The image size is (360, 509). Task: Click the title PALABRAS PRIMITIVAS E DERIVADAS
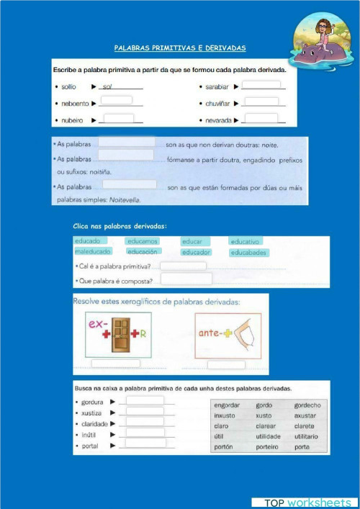tap(180, 48)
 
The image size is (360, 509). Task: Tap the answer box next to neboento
tap(121, 101)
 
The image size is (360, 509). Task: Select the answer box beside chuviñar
tap(261, 102)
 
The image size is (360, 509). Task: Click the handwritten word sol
tap(108, 86)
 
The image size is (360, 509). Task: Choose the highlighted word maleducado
tap(92, 252)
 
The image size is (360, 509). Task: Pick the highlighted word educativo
tap(249, 242)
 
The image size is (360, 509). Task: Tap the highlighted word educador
tap(196, 253)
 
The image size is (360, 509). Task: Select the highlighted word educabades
tap(249, 253)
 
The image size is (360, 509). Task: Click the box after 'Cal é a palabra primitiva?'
tap(183, 266)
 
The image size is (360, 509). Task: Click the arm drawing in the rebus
tap(243, 335)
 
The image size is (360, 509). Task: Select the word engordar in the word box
tap(227, 405)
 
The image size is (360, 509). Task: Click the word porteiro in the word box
tap(268, 447)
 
